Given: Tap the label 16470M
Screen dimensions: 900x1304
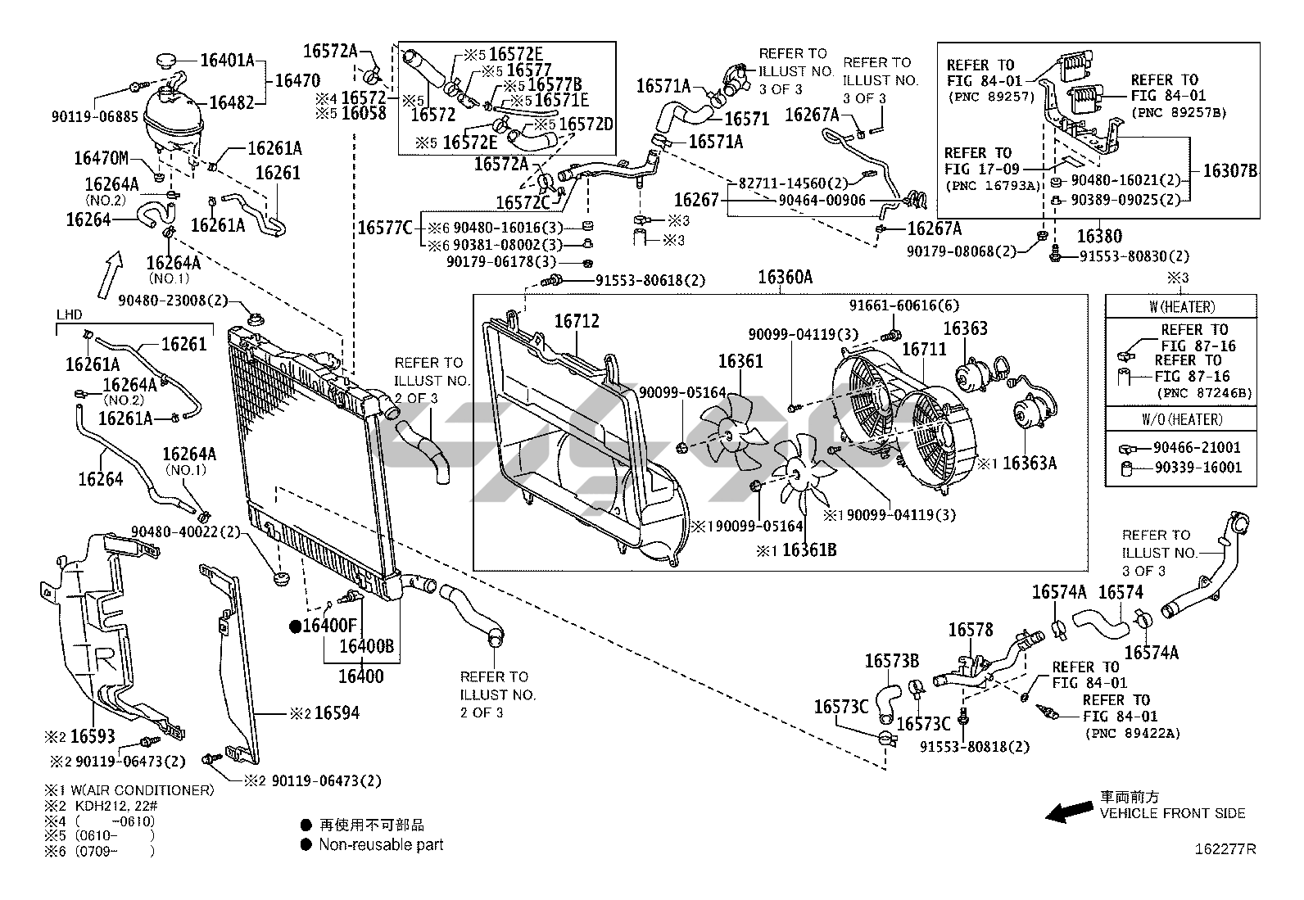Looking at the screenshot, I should [102, 158].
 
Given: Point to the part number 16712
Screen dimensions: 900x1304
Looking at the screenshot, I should [577, 321].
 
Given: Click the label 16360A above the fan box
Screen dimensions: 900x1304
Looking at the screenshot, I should [784, 278].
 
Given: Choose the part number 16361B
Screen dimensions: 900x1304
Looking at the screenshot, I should [809, 549].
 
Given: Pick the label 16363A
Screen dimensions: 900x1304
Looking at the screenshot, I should [1030, 464].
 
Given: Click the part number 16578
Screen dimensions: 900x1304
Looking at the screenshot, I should [971, 630].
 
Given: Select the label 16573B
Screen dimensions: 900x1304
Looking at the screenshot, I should [892, 661].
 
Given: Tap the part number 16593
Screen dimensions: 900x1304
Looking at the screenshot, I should [93, 736].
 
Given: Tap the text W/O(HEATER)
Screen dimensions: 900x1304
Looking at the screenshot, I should [1180, 419].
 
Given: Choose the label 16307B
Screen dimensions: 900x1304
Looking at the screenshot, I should [1229, 171].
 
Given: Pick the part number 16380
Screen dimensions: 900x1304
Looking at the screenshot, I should [1099, 237].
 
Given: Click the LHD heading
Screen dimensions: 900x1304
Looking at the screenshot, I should [69, 315].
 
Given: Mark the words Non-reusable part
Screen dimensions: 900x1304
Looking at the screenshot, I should [381, 844].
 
